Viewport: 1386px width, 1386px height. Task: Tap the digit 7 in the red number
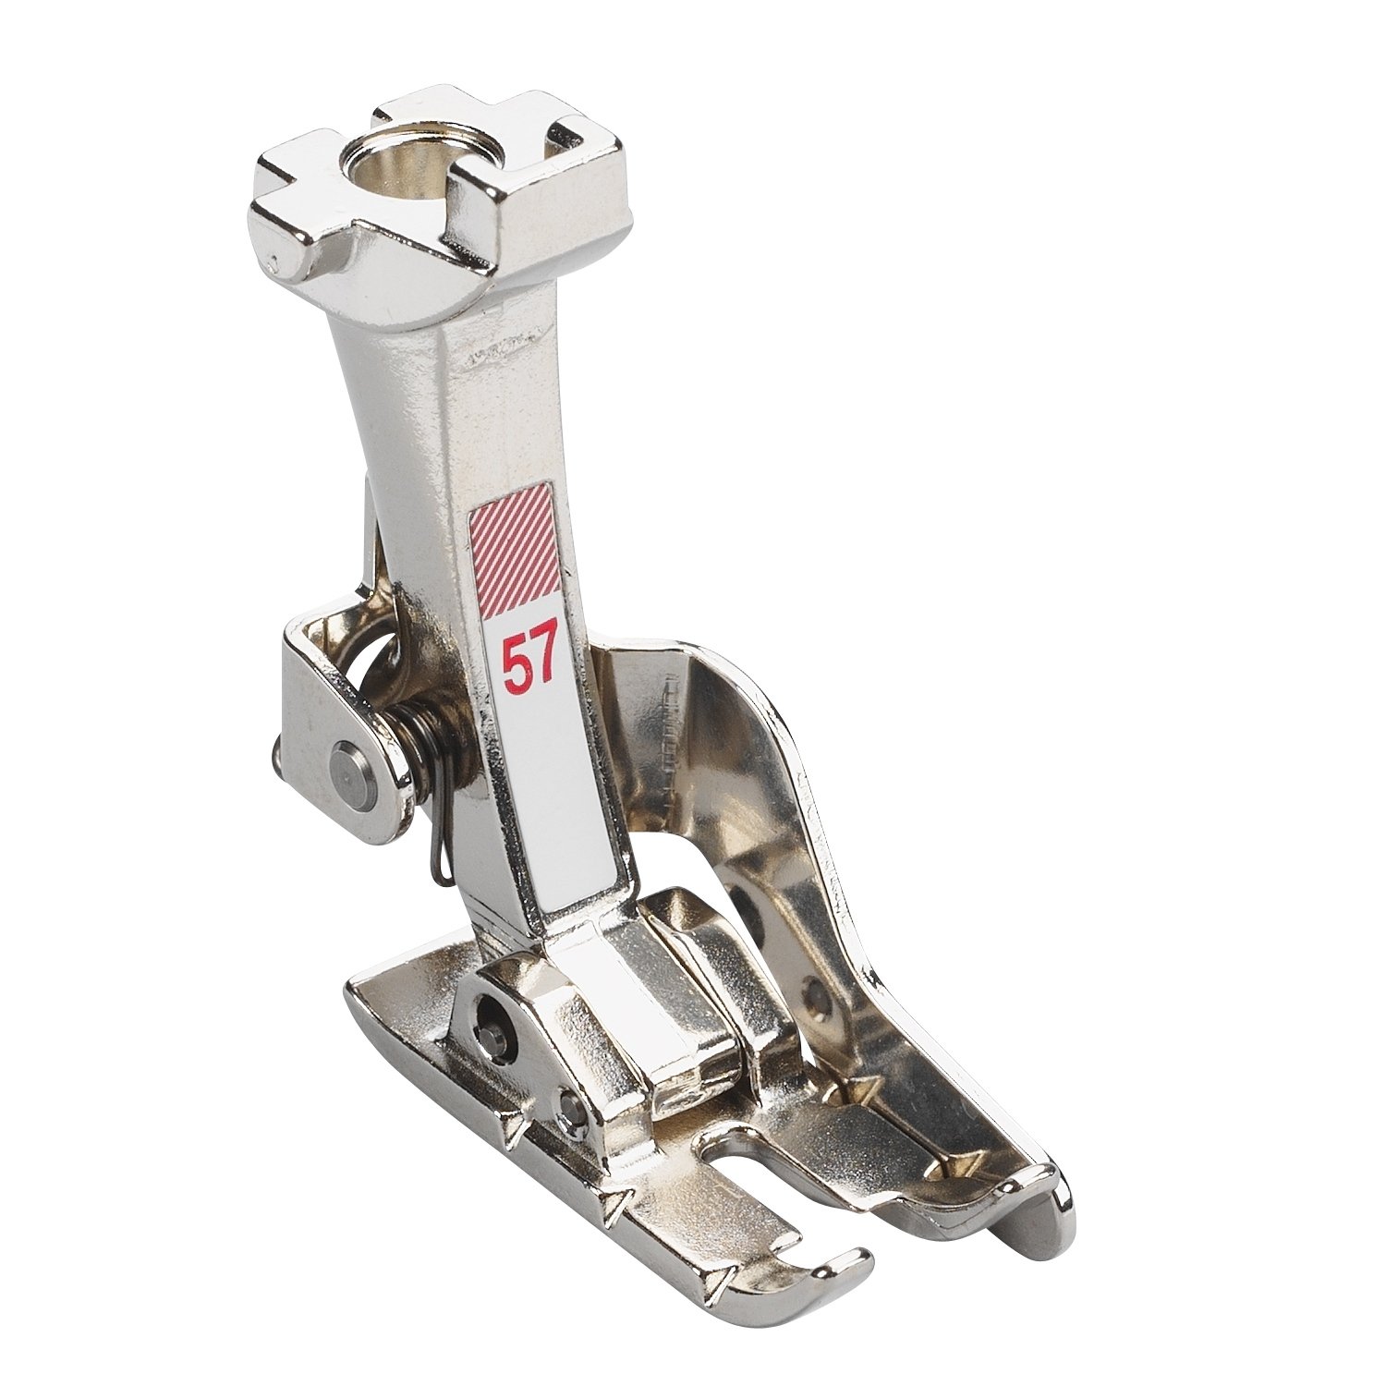[x=544, y=659]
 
